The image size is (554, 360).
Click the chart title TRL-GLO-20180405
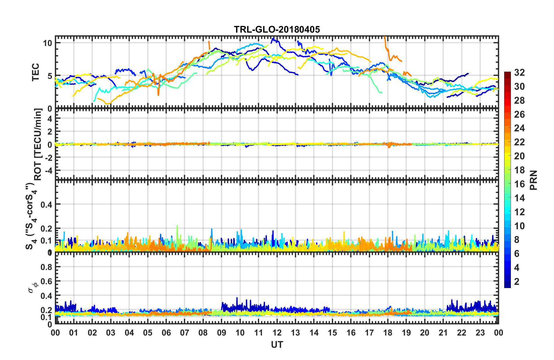click(x=277, y=29)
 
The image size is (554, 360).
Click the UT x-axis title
click(x=277, y=345)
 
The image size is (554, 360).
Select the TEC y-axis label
click(x=35, y=72)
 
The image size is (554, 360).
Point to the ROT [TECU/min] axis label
click(x=38, y=144)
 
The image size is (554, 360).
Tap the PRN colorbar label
click(x=533, y=180)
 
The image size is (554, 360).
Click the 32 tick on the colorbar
click(x=519, y=73)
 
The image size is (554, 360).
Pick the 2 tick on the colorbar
click(x=517, y=282)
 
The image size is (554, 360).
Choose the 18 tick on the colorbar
click(x=519, y=170)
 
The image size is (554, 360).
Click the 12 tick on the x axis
click(x=277, y=333)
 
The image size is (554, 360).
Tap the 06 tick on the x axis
click(x=166, y=333)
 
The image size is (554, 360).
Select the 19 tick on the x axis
click(x=406, y=333)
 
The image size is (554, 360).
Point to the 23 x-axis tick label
click(x=480, y=333)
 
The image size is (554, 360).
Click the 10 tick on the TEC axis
click(x=47, y=43)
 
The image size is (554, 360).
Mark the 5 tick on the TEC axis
click(x=50, y=76)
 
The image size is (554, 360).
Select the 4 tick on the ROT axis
click(x=50, y=119)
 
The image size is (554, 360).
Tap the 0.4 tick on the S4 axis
click(x=46, y=204)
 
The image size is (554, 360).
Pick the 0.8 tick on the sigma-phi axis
click(x=46, y=267)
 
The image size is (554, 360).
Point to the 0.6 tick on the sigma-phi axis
click(x=46, y=281)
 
